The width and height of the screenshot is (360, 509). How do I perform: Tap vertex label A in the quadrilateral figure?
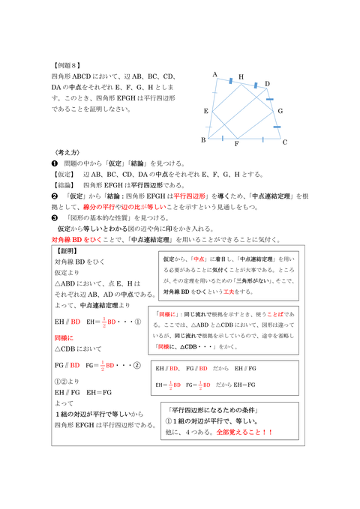tap(214, 75)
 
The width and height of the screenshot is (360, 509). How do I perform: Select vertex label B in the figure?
tap(203, 140)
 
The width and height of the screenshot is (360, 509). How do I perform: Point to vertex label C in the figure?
tap(285, 142)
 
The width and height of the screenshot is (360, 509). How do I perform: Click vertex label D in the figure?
tap(268, 84)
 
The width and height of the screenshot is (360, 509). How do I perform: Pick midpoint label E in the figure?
tap(205, 111)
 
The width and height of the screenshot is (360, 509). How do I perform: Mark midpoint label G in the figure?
tap(280, 111)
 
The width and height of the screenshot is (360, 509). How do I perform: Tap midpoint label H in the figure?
tap(241, 77)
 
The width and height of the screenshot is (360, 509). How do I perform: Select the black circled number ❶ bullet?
tap(54, 163)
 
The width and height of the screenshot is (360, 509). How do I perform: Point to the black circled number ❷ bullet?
tap(54, 196)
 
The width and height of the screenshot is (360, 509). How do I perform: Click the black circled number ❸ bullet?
tap(54, 217)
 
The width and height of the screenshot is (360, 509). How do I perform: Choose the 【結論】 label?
tap(64, 184)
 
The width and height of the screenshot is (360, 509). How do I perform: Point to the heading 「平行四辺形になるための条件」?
tap(217, 409)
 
